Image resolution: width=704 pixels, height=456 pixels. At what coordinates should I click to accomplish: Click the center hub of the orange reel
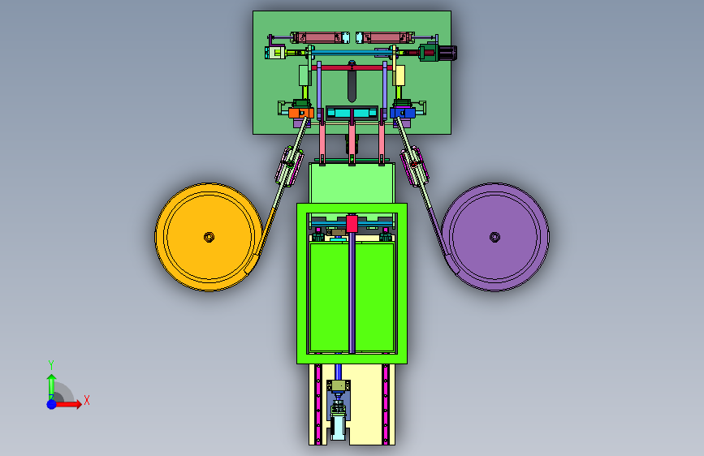pos(209,237)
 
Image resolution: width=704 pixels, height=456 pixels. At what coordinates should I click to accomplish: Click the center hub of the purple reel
pos(495,237)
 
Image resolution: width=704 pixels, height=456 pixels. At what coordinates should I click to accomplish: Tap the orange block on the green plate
pos(300,113)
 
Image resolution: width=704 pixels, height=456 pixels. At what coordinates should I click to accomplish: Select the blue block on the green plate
pos(402,113)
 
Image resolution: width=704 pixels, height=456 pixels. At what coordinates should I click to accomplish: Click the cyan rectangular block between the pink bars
pos(352,112)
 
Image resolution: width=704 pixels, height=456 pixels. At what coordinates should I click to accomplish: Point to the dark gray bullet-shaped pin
pos(352,86)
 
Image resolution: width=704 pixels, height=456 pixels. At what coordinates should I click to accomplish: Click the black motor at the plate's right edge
pos(447,53)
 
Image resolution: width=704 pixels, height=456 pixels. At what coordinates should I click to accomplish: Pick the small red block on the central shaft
pos(352,224)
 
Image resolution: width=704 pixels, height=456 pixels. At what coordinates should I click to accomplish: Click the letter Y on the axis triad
pos(51,364)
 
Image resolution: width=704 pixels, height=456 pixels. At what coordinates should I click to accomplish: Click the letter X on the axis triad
pos(87,400)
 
